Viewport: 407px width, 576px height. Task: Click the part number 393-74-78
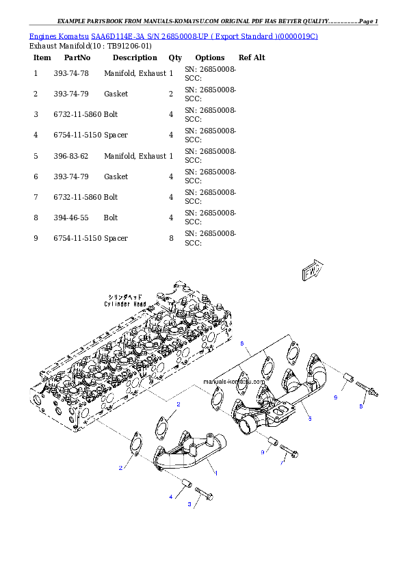(x=71, y=73)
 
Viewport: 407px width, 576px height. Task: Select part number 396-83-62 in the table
(x=71, y=156)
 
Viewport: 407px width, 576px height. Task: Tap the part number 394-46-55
(x=71, y=218)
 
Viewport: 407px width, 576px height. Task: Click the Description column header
(x=135, y=57)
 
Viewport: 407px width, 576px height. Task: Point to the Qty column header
(x=175, y=57)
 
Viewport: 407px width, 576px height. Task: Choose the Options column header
(x=210, y=57)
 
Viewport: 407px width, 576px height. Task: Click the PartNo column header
(x=77, y=57)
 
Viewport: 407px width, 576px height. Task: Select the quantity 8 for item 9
(x=171, y=239)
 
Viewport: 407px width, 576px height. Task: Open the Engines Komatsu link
(x=59, y=36)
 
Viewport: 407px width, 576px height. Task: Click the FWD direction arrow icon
(x=312, y=270)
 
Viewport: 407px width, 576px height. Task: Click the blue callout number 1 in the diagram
(x=216, y=473)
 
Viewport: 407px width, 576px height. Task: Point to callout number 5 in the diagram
(x=310, y=419)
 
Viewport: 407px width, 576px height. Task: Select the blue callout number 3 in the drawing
(x=189, y=504)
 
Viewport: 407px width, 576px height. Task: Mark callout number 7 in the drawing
(x=282, y=463)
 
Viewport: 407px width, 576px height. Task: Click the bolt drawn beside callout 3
(x=204, y=493)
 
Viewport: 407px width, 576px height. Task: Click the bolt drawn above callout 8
(x=367, y=389)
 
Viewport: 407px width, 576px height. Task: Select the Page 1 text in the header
(x=369, y=21)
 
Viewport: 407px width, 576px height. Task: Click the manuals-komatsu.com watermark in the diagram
(x=234, y=382)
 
